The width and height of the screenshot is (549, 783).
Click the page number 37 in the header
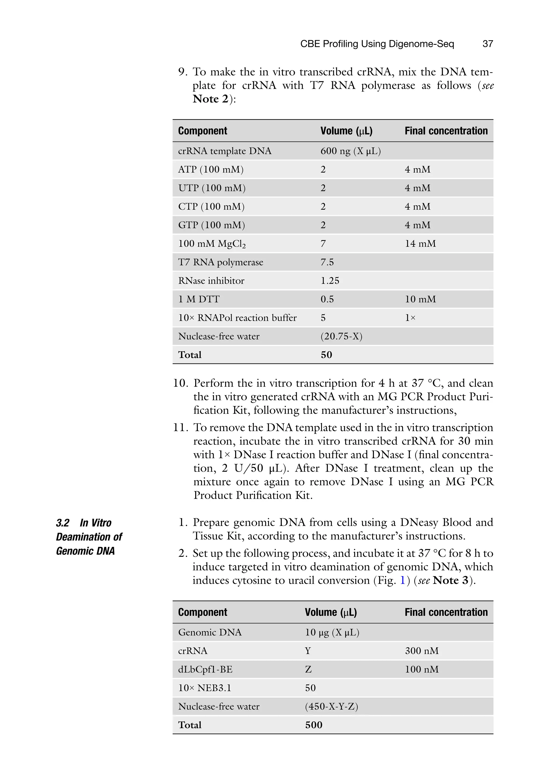[x=488, y=44]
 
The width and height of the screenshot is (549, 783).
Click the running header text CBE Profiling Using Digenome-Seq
[x=377, y=44]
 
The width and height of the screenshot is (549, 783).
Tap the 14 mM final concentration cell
[x=420, y=244]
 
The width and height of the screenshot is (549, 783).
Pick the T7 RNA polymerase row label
[x=220, y=262]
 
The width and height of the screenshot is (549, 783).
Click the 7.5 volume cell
[x=327, y=262]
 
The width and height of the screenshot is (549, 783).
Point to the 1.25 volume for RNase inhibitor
[x=330, y=280]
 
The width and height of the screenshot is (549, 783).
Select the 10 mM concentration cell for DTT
[x=420, y=299]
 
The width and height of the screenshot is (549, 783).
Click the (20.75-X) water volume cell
[x=341, y=336]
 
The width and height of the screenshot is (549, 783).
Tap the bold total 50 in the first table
[x=326, y=355]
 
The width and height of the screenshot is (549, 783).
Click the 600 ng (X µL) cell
[x=350, y=151]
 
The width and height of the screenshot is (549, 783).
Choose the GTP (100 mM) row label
[x=212, y=225]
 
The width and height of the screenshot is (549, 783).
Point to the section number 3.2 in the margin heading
[x=62, y=523]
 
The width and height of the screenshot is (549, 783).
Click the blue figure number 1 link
[x=402, y=580]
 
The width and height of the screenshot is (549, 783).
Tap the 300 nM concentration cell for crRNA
[x=422, y=651]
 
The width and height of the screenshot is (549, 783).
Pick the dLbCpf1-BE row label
[x=205, y=669]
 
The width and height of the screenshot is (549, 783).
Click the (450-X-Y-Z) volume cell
[x=331, y=706]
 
